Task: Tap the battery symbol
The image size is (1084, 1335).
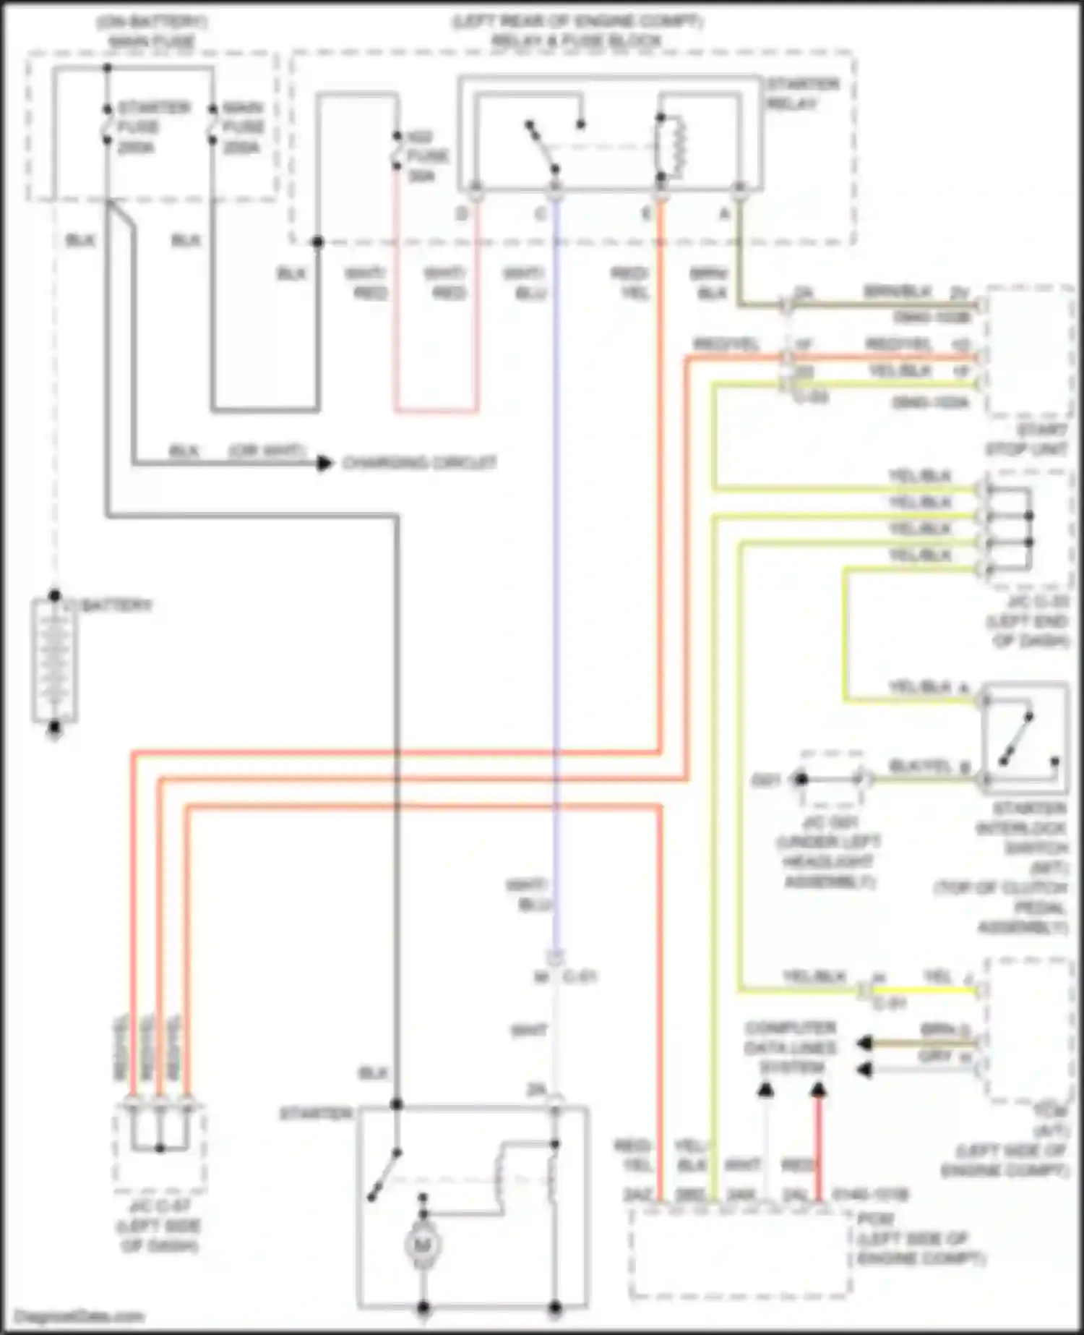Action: click(54, 660)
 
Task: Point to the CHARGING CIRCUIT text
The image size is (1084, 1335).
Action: click(419, 462)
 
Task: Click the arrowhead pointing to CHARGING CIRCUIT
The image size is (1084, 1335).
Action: click(325, 462)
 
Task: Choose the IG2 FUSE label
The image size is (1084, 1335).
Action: click(426, 155)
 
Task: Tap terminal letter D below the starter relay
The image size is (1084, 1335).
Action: click(463, 213)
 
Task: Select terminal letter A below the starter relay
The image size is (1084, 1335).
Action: click(724, 213)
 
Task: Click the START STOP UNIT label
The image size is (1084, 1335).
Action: click(1026, 440)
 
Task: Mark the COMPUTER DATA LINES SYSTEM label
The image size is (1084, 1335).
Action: click(791, 1047)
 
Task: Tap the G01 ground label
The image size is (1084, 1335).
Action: click(766, 780)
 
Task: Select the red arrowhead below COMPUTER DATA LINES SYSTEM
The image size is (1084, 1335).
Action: click(818, 1089)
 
